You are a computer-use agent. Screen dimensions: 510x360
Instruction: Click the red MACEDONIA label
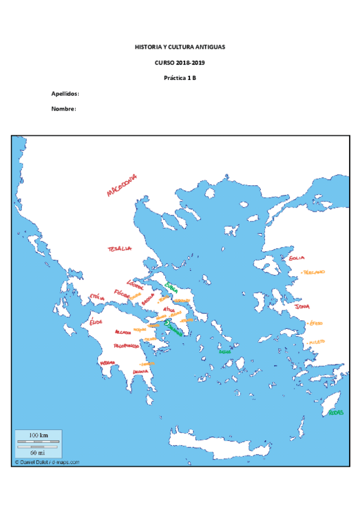coord(121,185)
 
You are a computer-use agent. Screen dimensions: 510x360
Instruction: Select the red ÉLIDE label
coord(96,322)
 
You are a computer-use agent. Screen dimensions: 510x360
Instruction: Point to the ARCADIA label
coord(123,332)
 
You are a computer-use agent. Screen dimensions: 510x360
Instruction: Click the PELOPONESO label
coord(127,346)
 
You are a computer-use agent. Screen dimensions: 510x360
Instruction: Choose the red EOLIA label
coord(297,258)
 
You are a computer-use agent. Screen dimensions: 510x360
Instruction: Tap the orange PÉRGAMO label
coord(313,272)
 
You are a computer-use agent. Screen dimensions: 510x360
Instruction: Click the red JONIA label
coord(302,307)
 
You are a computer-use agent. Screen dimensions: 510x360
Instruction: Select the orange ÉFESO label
coord(316,324)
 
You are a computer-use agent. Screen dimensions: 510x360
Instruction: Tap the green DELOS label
coord(225,351)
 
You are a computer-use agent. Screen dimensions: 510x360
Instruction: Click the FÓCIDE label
coord(121,294)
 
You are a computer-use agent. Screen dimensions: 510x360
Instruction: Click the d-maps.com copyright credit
coord(47,462)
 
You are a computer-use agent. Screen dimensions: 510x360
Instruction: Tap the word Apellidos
coord(66,94)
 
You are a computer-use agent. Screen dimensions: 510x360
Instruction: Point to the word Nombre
coord(64,109)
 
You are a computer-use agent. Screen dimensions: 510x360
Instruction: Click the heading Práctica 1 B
coord(180,78)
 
